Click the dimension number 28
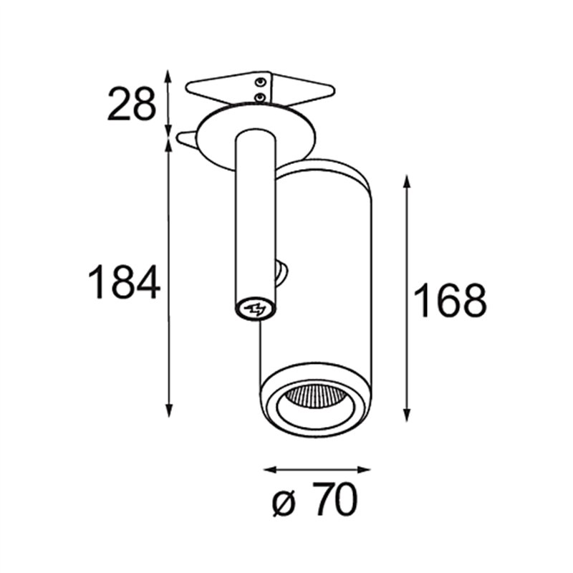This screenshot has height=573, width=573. (132, 104)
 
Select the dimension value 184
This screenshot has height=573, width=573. (124, 282)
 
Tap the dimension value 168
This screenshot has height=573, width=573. (451, 300)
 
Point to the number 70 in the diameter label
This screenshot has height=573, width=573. (334, 499)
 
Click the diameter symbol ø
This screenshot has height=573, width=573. (284, 504)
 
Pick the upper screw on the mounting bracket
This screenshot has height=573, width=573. (260, 82)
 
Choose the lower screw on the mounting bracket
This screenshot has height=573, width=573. (260, 97)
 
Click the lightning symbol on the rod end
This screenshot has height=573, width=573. (255, 309)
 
